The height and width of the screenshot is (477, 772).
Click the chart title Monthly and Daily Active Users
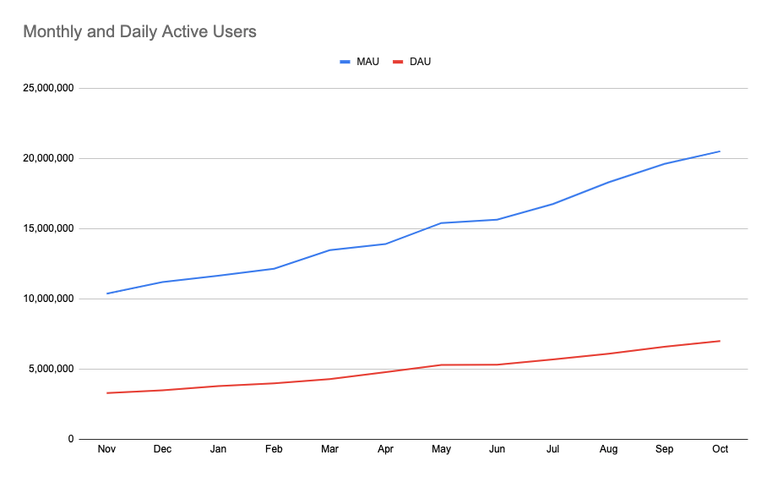(139, 32)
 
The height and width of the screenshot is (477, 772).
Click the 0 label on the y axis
(71, 439)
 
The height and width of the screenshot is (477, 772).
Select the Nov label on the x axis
(106, 449)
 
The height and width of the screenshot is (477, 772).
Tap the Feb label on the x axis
(274, 449)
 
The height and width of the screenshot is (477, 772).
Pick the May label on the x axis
(441, 449)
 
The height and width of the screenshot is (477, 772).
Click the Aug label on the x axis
(608, 449)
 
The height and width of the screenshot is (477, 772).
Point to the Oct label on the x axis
(720, 449)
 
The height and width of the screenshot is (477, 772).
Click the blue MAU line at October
(720, 151)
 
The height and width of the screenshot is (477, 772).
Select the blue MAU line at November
(106, 293)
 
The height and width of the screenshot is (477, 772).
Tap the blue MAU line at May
(441, 223)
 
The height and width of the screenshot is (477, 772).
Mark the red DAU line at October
(720, 341)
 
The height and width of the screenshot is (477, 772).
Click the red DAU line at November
(106, 392)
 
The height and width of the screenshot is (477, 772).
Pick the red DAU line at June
(497, 365)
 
